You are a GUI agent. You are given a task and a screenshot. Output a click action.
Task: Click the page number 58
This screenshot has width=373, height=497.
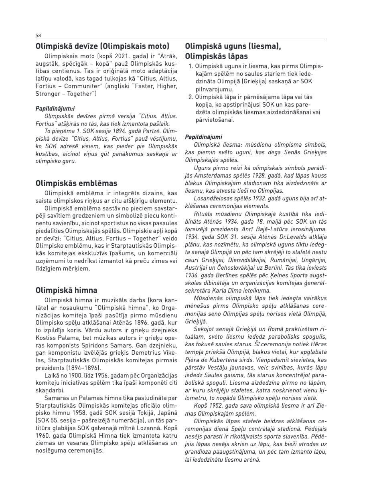(38, 35)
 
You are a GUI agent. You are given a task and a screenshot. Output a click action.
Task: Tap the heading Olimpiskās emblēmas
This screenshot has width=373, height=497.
(76, 183)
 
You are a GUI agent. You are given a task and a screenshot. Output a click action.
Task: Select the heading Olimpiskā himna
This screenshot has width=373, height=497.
(66, 290)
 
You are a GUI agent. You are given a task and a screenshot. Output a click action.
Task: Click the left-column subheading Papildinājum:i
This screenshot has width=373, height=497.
(55, 109)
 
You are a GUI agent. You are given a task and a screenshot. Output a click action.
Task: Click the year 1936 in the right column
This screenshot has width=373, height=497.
(191, 275)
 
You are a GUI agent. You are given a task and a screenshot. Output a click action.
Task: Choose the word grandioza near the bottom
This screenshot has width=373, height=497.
(199, 452)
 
